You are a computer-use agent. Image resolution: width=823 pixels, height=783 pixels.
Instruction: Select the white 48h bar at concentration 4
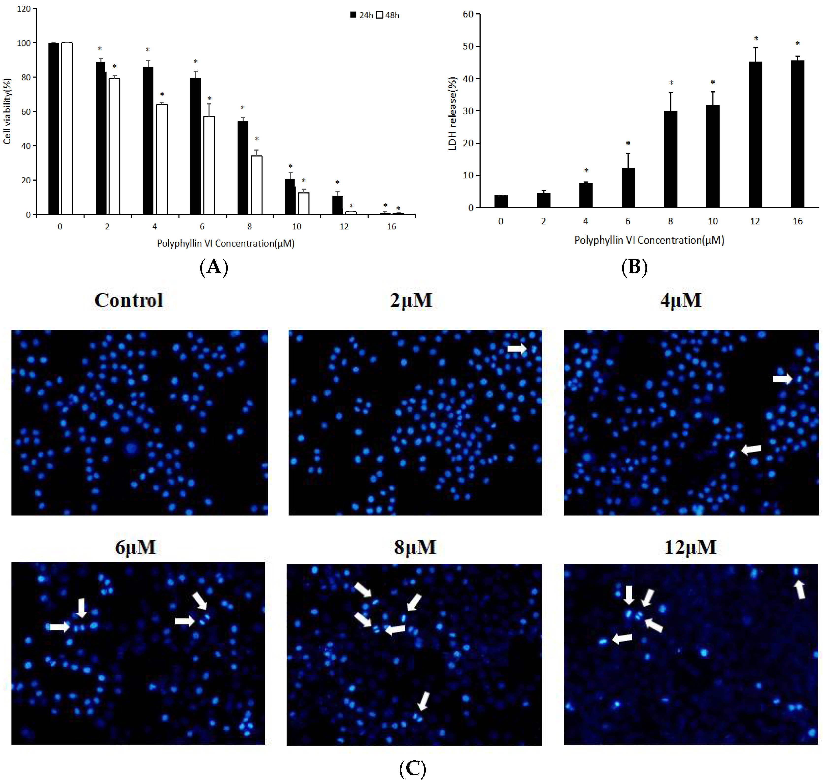pos(162,159)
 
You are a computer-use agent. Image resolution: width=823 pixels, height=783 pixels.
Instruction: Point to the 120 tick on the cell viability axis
pos(24,9)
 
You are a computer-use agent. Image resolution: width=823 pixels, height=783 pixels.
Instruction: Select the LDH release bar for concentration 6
pos(628,188)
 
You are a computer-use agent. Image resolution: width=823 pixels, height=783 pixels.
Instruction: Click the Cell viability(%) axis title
pos(7,111)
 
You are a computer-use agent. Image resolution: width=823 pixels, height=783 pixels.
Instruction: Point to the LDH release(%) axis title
pos(452,113)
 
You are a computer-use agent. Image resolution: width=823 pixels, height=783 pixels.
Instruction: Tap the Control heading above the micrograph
pos(129,300)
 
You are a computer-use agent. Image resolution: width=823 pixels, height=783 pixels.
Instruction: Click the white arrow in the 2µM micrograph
pos(517,348)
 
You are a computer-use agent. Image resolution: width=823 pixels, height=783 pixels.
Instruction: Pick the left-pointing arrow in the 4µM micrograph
pos(751,450)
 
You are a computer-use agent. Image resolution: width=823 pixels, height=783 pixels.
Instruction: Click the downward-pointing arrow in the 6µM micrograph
pos(82,608)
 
